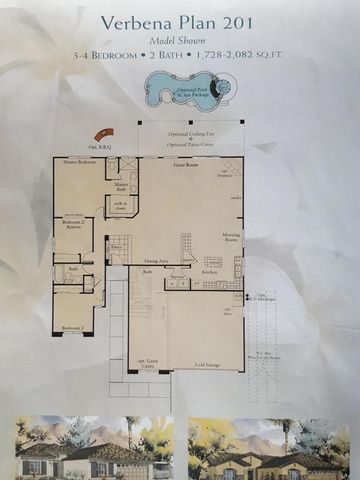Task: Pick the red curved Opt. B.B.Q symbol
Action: point(102,135)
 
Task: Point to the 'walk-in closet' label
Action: point(120,208)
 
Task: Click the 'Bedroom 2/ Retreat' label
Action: point(72,224)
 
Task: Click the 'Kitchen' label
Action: point(211,272)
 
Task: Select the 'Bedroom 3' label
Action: point(70,328)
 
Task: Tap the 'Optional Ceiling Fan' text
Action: point(189,136)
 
